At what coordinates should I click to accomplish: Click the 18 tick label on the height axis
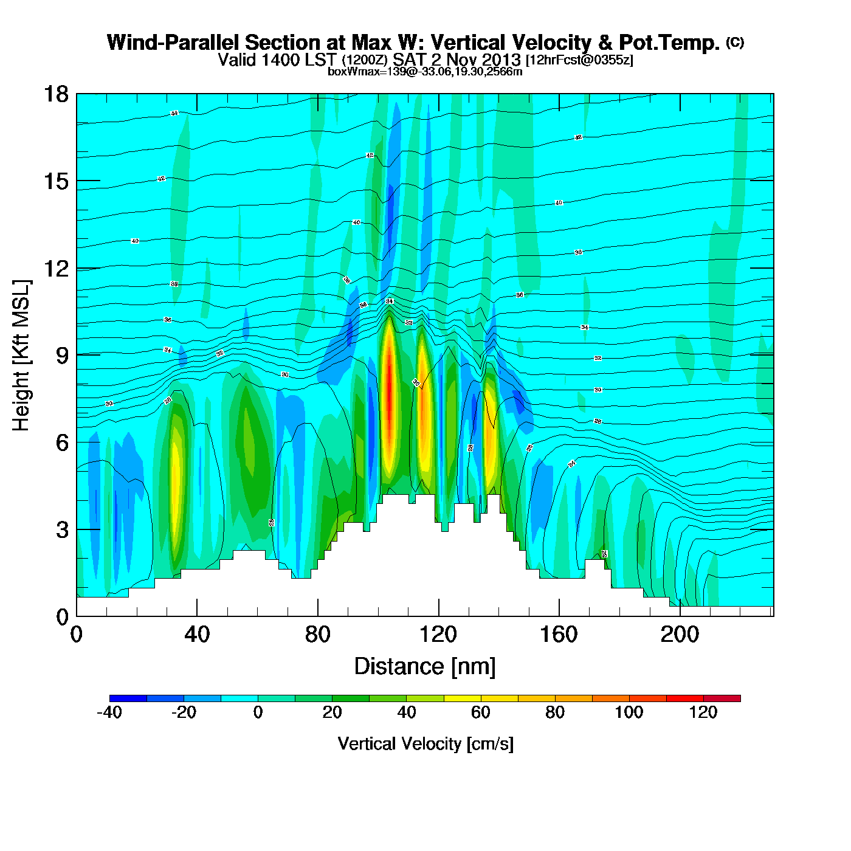[x=55, y=94]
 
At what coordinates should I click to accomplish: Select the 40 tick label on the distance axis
[x=197, y=635]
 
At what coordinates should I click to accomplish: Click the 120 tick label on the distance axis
[x=438, y=635]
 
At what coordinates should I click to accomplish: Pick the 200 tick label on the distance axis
[x=680, y=635]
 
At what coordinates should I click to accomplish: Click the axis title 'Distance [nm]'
[x=425, y=666]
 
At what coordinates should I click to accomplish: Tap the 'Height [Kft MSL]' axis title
[x=21, y=356]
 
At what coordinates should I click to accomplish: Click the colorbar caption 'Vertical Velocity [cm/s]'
[x=425, y=743]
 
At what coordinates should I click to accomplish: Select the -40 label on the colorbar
[x=109, y=712]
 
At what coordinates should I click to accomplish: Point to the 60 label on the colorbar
[x=480, y=712]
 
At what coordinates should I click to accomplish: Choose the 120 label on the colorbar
[x=703, y=712]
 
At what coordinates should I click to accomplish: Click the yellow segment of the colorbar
[x=462, y=698]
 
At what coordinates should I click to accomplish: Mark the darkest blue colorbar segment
[x=128, y=698]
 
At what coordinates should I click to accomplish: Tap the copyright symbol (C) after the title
[x=735, y=42]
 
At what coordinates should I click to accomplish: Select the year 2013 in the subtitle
[x=501, y=60]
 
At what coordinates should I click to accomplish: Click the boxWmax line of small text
[x=425, y=71]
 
